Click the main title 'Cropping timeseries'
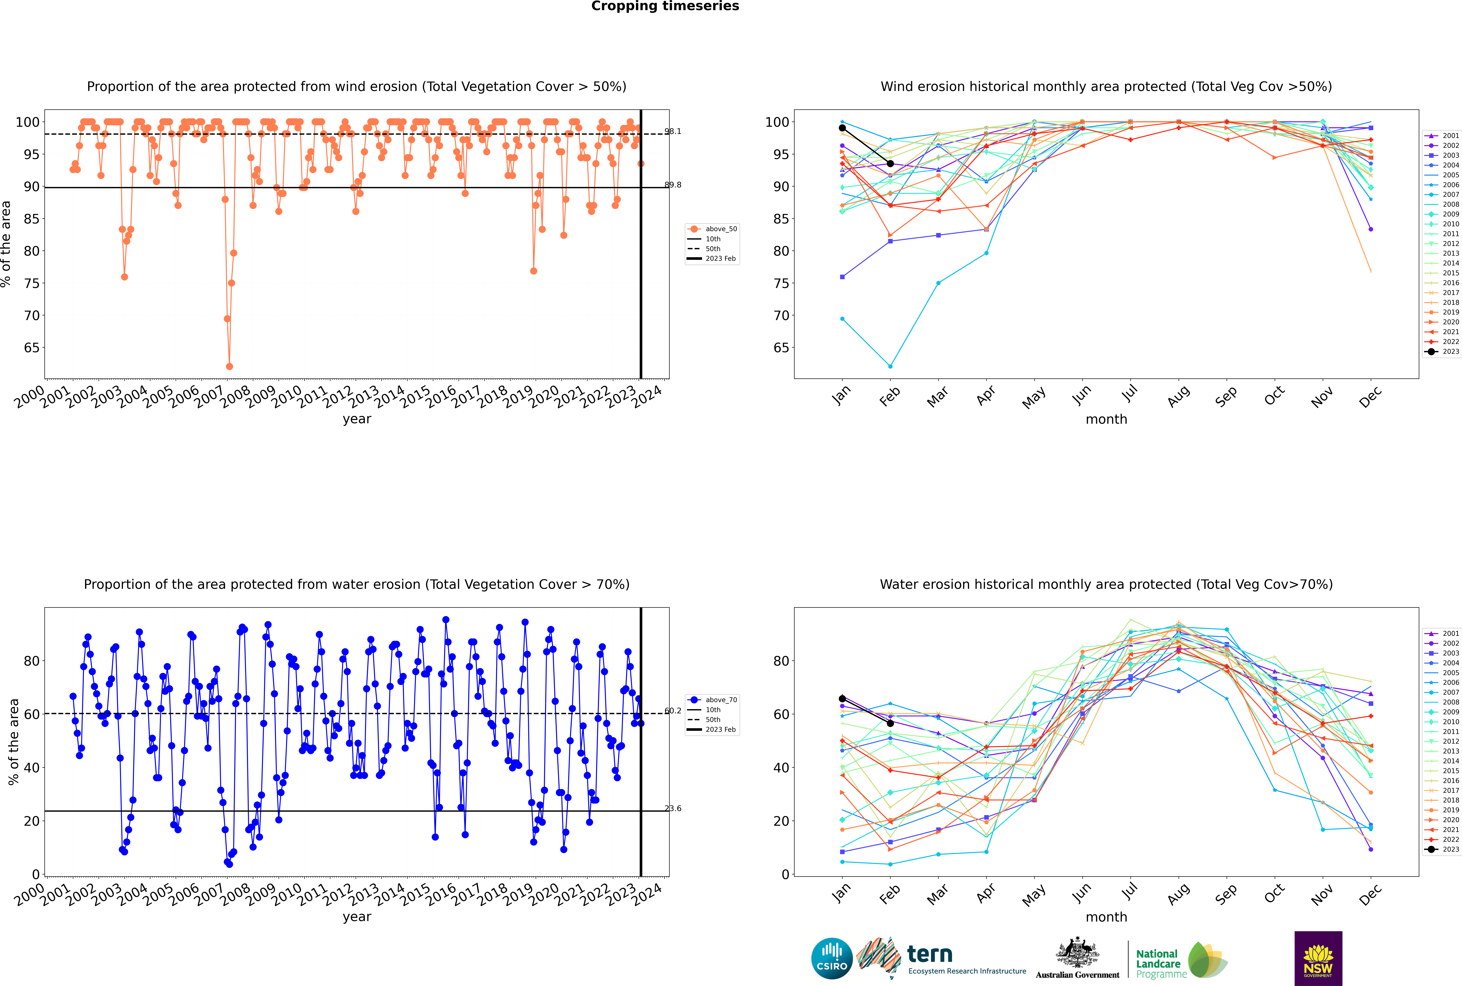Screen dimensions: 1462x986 coord(665,6)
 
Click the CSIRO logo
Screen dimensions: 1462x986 coord(832,959)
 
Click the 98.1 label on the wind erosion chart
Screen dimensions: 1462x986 coord(673,131)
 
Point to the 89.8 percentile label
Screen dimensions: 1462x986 coord(673,185)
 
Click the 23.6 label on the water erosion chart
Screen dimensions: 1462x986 coord(673,809)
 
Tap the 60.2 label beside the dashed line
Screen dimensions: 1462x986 coord(673,711)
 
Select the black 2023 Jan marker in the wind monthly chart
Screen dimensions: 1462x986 coord(842,128)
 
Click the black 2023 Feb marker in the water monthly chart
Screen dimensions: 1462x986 coord(890,723)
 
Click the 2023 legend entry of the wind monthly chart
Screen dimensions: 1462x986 coord(1442,351)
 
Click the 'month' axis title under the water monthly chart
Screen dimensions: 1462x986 coord(1106,917)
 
